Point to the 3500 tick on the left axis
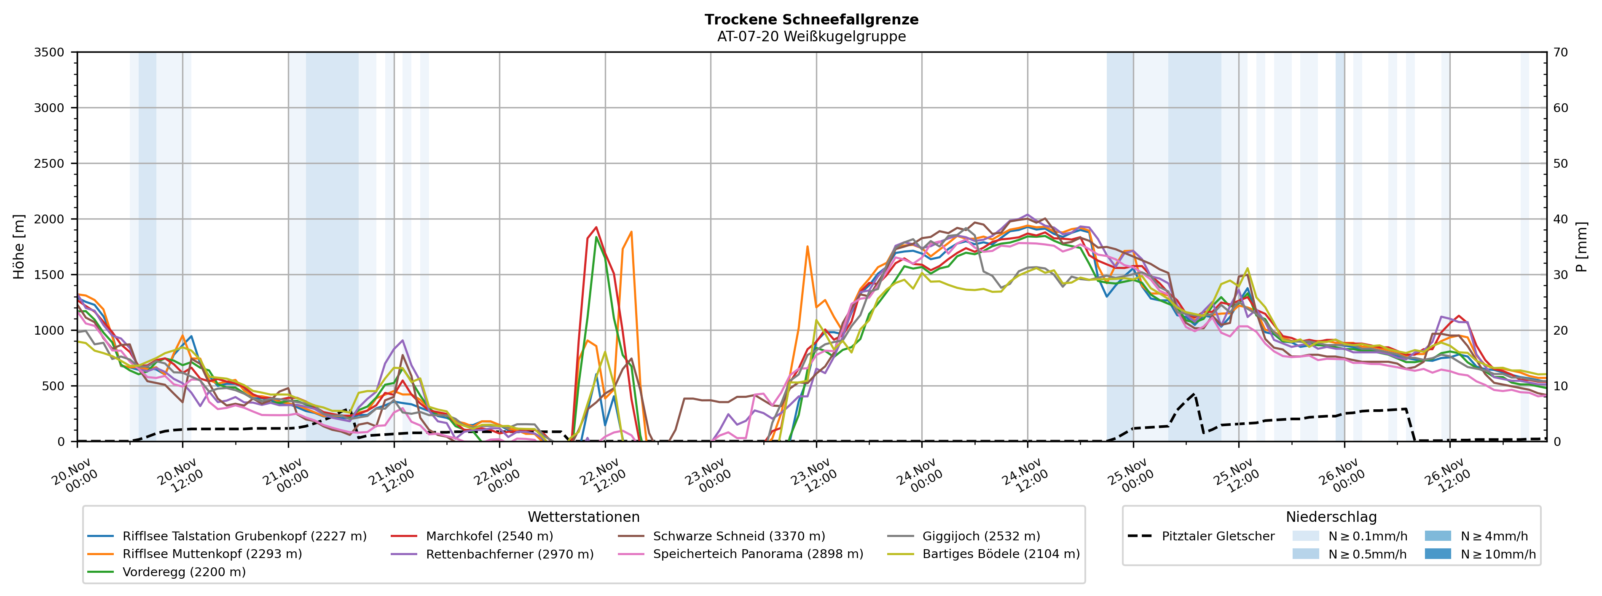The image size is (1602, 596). click(x=49, y=52)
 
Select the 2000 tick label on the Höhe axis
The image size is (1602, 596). click(x=49, y=219)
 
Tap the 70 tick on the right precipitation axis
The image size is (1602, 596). click(x=1561, y=52)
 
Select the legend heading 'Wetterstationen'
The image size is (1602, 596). click(x=583, y=517)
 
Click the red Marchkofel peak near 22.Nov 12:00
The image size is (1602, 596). click(x=596, y=227)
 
